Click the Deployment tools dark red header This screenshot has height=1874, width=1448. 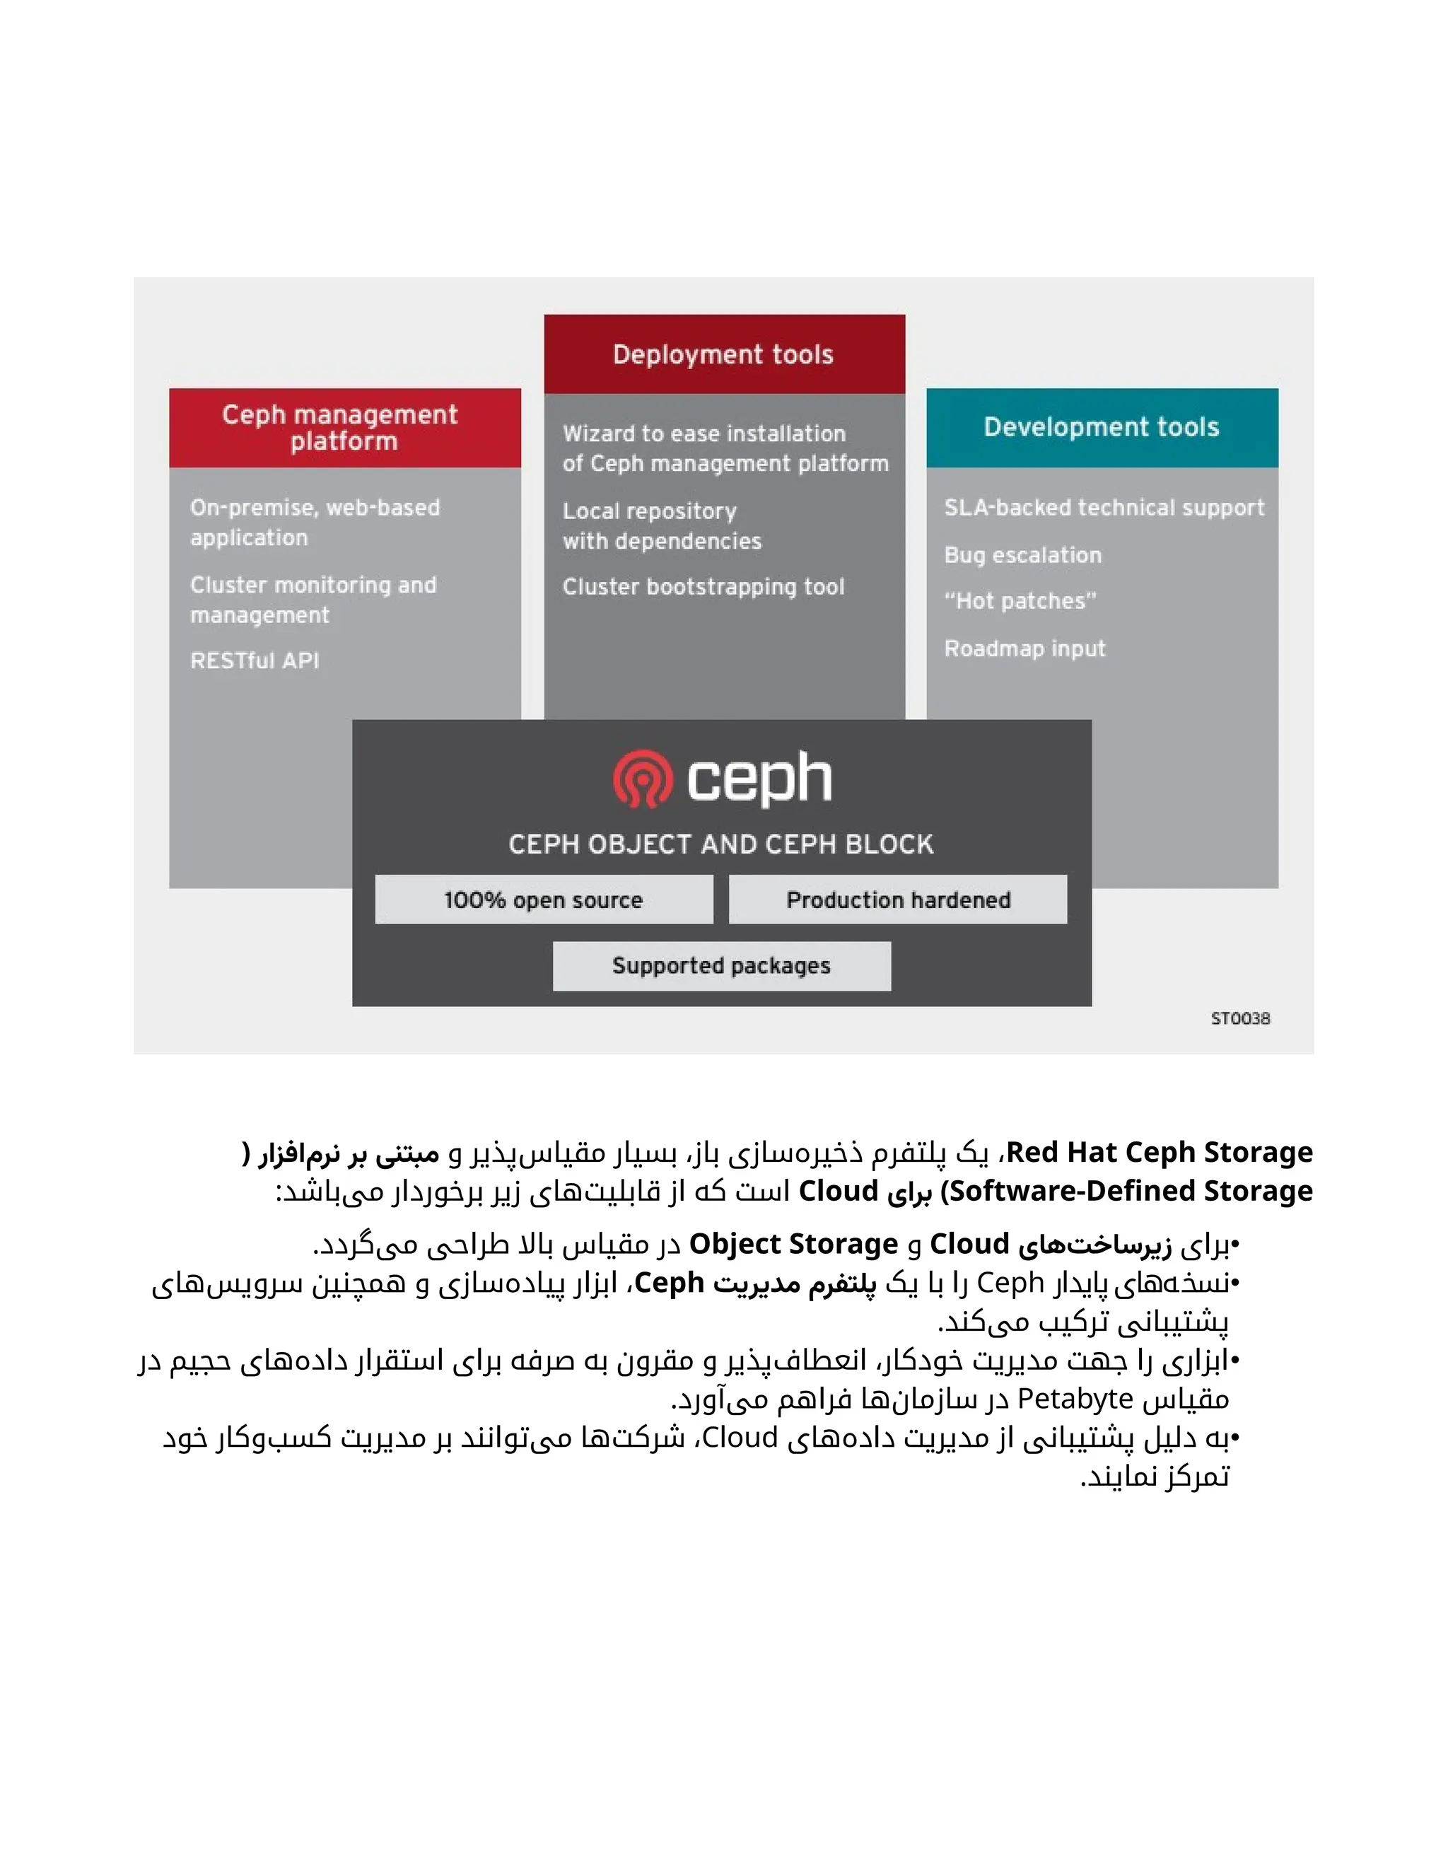click(724, 354)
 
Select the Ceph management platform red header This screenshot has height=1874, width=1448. click(344, 427)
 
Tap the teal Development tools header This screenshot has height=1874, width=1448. click(1102, 427)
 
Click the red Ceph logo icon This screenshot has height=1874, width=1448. click(643, 779)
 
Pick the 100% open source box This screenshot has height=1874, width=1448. click(544, 900)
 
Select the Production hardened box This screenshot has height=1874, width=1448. click(897, 900)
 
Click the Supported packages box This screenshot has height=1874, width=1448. click(721, 965)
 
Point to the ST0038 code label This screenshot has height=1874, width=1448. click(1239, 1018)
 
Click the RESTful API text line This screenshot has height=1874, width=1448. click(255, 660)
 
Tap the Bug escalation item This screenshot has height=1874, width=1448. click(1022, 555)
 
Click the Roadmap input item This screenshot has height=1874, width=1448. click(1024, 648)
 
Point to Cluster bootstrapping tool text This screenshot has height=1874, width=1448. click(703, 587)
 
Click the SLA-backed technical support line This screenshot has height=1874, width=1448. click(1104, 508)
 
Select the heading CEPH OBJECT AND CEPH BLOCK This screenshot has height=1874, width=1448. click(720, 844)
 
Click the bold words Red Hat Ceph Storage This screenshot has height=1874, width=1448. click(1159, 1153)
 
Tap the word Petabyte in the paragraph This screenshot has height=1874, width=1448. click(1075, 1399)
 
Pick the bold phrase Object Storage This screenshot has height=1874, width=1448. click(793, 1244)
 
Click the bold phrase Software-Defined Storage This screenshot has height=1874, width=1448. click(1131, 1191)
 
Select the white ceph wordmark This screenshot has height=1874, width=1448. click(759, 779)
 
